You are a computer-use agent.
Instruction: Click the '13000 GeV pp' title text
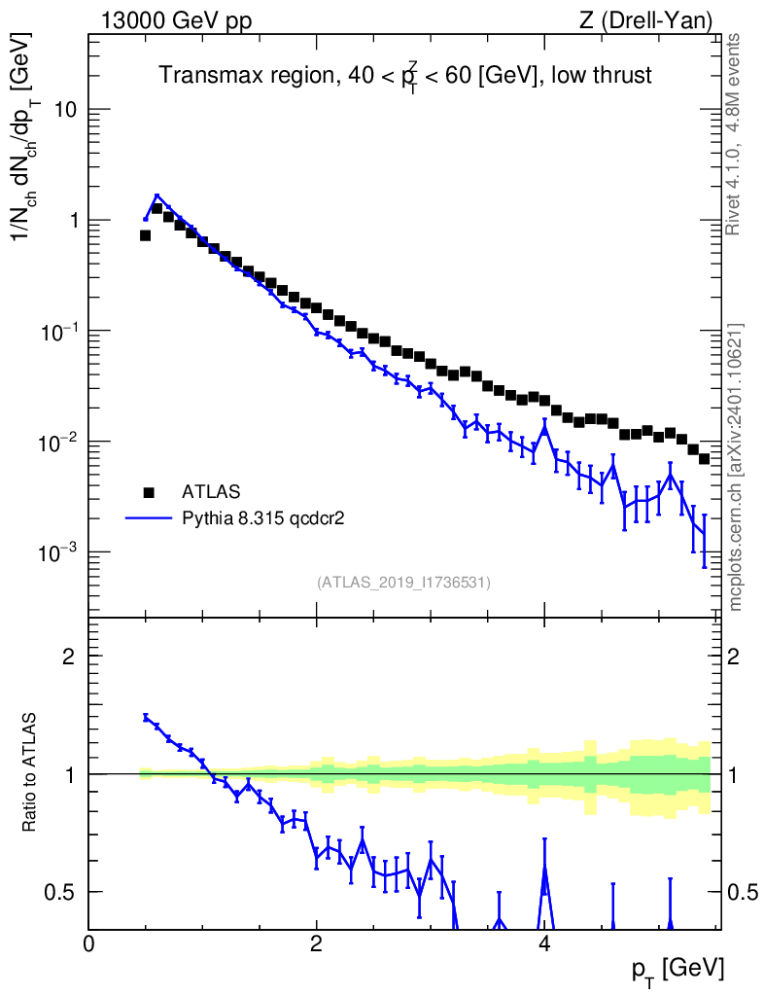pyautogui.click(x=176, y=21)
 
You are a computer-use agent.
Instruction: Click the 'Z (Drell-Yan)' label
pyautogui.click(x=645, y=21)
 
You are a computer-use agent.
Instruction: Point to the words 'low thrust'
pyautogui.click(x=601, y=75)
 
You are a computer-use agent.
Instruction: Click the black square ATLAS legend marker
pyautogui.click(x=149, y=491)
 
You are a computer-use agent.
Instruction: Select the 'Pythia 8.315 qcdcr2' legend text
pyautogui.click(x=263, y=519)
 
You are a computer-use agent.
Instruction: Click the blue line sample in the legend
pyautogui.click(x=149, y=518)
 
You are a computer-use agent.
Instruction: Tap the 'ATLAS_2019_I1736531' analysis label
pyautogui.click(x=403, y=583)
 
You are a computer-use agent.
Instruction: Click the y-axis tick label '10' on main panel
pyautogui.click(x=62, y=109)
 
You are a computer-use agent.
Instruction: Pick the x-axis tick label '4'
pyautogui.click(x=544, y=943)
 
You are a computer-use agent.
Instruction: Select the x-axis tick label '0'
pyautogui.click(x=88, y=943)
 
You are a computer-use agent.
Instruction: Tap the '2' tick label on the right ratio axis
pyautogui.click(x=733, y=657)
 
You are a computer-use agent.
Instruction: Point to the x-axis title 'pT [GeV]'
pyautogui.click(x=677, y=970)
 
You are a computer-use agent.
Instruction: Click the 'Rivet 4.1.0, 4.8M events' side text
pyautogui.click(x=733, y=134)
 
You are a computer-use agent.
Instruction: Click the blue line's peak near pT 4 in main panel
pyautogui.click(x=544, y=427)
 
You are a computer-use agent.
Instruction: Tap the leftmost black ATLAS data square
pyautogui.click(x=145, y=235)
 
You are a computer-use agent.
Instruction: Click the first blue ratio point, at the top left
pyautogui.click(x=145, y=717)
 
